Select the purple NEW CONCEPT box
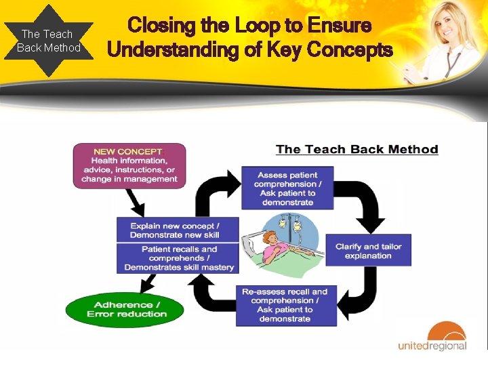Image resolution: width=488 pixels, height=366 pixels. coord(129,165)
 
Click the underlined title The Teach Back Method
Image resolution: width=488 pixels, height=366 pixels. coord(357,150)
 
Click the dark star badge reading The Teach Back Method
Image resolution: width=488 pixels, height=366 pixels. coord(48,41)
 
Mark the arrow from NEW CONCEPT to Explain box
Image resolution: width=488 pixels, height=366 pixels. coord(134,200)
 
